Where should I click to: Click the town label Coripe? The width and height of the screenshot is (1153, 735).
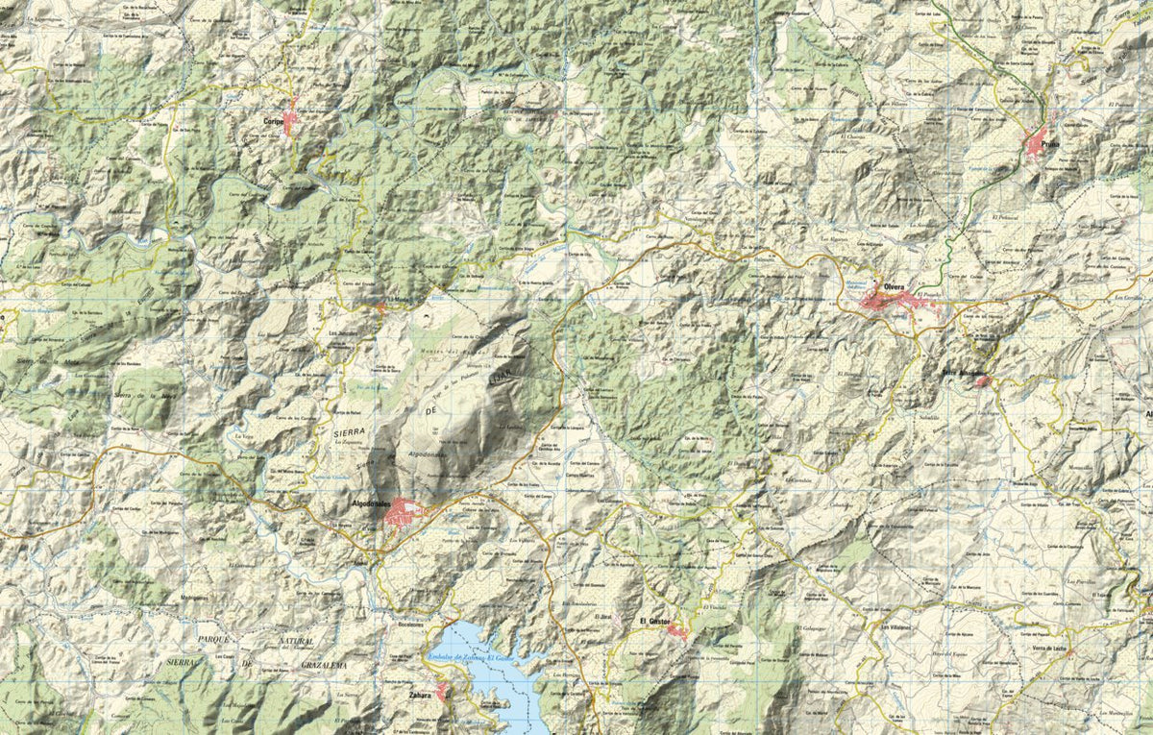point(276,122)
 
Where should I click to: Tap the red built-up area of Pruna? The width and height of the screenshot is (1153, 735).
point(1039,146)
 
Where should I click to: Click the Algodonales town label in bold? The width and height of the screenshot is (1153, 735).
point(367,503)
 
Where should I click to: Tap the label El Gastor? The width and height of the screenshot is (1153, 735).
point(655,623)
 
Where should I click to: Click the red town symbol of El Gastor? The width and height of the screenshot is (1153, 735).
point(677,631)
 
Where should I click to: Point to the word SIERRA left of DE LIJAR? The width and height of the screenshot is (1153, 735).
point(349,434)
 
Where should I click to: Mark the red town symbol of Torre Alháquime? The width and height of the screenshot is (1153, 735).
point(982,381)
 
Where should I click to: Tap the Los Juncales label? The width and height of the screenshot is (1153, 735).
point(342,333)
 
